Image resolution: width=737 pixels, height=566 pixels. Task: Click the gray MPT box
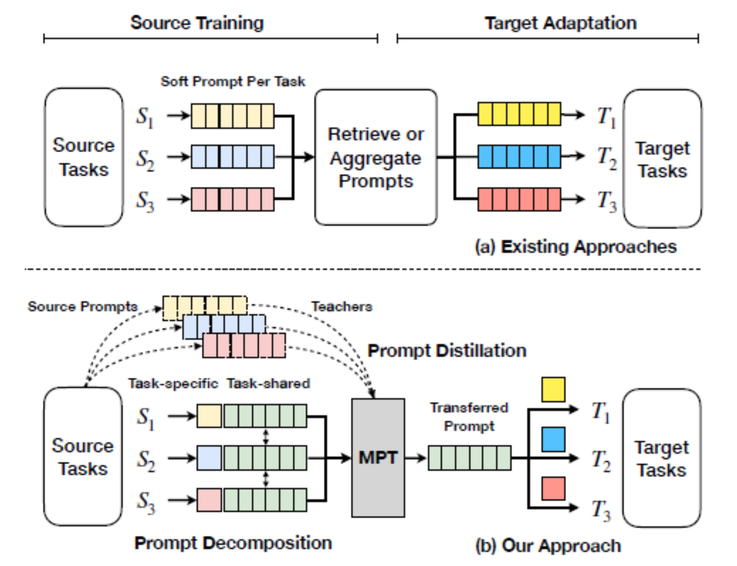[378, 457]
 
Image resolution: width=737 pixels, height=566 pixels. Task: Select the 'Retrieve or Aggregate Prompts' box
[376, 157]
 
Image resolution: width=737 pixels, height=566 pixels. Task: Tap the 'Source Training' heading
[197, 23]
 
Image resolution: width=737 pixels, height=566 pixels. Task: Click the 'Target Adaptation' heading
[561, 23]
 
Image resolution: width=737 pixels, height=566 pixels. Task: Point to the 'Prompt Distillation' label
[447, 350]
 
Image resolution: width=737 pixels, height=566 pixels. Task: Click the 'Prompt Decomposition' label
[233, 543]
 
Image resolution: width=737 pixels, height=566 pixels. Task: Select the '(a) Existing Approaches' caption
[575, 247]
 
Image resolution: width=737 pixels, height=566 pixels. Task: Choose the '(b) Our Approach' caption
[548, 546]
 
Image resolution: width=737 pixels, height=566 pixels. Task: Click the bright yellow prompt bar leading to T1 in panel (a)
[519, 114]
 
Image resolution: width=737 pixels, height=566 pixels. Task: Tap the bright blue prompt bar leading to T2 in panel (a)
[519, 156]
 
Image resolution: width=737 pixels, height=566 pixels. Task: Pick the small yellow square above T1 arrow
[553, 389]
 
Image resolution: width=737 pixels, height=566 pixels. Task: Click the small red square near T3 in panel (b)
[553, 488]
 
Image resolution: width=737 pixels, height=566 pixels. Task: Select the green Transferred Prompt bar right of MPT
[470, 458]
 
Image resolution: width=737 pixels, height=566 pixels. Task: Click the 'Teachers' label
[342, 306]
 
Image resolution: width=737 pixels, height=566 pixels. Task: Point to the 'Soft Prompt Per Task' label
[233, 81]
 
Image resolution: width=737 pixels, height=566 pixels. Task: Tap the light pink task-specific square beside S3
[209, 500]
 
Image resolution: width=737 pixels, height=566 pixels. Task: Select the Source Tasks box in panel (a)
[84, 157]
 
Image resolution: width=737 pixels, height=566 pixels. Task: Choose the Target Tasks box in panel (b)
[662, 458]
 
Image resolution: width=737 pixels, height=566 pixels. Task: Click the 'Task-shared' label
[268, 383]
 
